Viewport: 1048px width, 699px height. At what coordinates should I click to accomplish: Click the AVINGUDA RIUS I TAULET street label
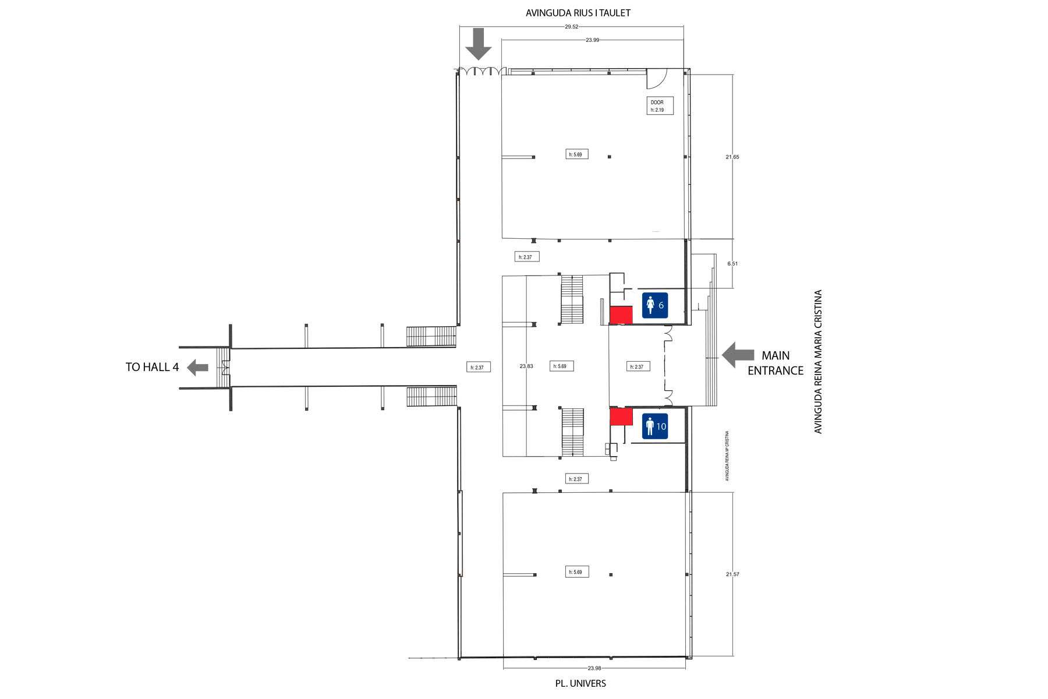coord(578,13)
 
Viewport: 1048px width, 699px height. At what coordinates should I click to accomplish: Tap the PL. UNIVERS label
coord(580,683)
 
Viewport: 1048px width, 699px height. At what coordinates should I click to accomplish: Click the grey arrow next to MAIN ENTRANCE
coord(738,355)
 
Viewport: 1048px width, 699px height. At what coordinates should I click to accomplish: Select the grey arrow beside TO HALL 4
coord(197,367)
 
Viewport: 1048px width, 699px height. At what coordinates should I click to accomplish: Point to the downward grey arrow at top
coord(479,44)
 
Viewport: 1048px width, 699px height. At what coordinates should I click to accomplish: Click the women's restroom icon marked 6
coord(655,306)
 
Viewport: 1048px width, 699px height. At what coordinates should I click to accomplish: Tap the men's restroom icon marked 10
coord(655,426)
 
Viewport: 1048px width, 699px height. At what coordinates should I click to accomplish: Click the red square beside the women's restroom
coord(621,315)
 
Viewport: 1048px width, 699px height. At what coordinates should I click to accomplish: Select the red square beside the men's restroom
coord(621,416)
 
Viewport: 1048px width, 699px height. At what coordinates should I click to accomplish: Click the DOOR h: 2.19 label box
coord(660,105)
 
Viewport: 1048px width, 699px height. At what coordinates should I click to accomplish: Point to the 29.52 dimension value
coord(572,27)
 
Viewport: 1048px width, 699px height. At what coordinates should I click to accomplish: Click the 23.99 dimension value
coord(593,40)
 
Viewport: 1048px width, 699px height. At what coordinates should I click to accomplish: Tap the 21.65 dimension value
coord(732,157)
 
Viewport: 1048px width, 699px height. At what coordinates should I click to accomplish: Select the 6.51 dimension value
coord(732,264)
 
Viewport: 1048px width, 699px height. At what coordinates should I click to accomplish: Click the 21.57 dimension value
coord(732,574)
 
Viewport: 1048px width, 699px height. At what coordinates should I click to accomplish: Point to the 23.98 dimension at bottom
coord(594,669)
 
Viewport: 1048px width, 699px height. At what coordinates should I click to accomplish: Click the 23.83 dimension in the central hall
coord(526,366)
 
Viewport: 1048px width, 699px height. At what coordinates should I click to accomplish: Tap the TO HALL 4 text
coord(153,367)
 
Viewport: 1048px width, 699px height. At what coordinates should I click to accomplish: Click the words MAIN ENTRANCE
coord(776,363)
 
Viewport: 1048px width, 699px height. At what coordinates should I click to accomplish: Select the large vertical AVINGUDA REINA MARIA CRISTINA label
coord(818,362)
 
